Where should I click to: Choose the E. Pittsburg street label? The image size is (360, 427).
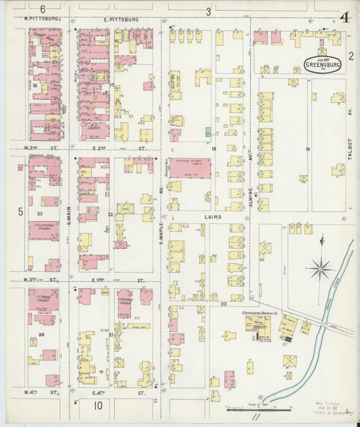pyautogui.click(x=122, y=20)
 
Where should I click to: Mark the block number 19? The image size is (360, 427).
pyautogui.click(x=307, y=149)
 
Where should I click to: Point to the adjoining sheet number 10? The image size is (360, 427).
pyautogui.click(x=98, y=405)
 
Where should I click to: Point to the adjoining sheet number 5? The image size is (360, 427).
pyautogui.click(x=20, y=211)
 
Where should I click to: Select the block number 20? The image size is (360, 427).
pyautogui.click(x=224, y=305)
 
